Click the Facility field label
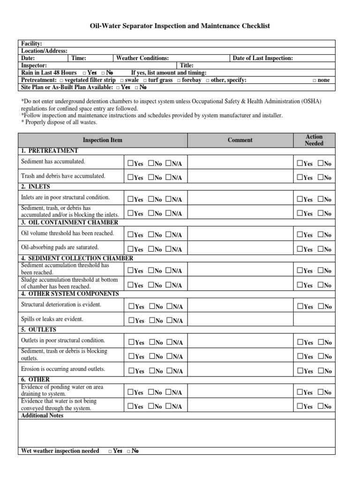click(32, 44)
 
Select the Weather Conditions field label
click(142, 58)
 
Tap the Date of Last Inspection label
click(263, 58)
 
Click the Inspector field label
click(34, 66)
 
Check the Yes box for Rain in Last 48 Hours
click(84, 73)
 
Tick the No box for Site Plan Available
click(136, 88)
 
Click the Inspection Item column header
click(103, 140)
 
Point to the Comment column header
click(240, 140)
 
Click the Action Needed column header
click(314, 140)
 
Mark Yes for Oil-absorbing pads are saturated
click(130, 249)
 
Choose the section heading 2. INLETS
click(36, 187)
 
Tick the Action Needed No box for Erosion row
click(320, 371)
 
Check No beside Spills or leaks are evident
click(151, 321)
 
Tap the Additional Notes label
click(42, 416)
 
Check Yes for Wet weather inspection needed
click(110, 451)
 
